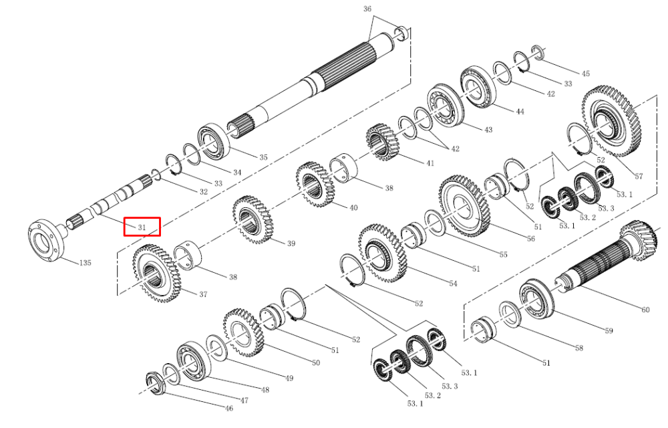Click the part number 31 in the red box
click(142, 227)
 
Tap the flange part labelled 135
click(47, 241)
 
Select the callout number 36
click(367, 9)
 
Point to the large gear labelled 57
click(611, 122)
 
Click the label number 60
click(645, 310)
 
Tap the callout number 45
click(586, 74)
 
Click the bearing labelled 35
click(214, 140)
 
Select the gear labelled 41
click(381, 142)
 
